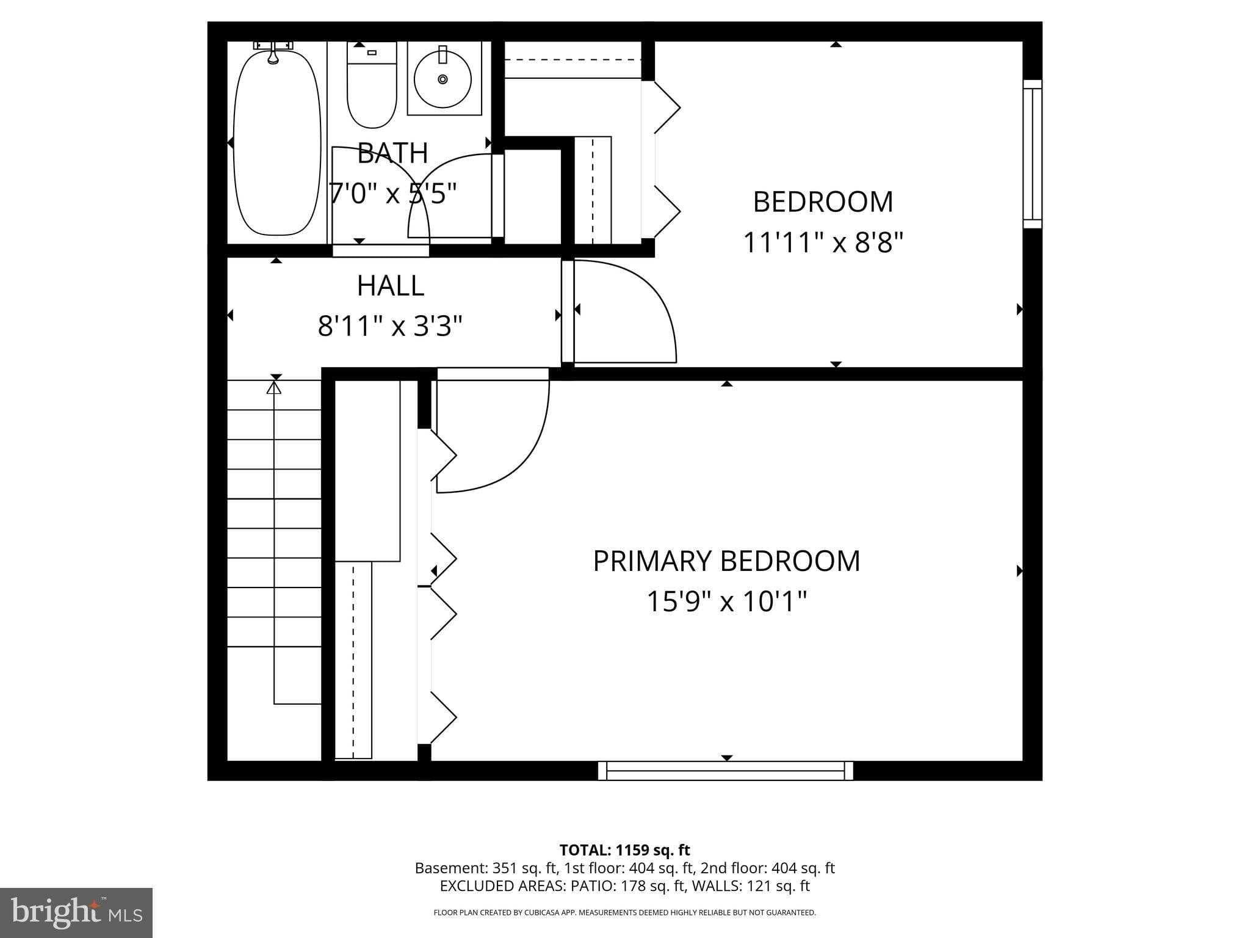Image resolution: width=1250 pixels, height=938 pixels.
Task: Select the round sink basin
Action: coord(443,78)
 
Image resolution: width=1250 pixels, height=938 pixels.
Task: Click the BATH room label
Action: coord(392,153)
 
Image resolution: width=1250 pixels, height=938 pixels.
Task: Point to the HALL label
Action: coord(391,286)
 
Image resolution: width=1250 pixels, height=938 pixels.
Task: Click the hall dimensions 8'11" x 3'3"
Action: coord(390,326)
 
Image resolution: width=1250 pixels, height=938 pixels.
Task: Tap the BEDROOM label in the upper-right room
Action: coord(823,202)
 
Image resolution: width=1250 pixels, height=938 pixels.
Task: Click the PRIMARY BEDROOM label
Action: coord(726,561)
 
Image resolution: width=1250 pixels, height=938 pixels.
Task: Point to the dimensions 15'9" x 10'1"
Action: coord(726,602)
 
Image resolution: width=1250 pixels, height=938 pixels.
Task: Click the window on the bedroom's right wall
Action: coord(1032,154)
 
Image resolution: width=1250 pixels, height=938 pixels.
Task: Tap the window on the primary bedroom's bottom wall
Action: coord(725,771)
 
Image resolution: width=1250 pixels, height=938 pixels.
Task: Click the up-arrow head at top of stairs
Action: coord(274,387)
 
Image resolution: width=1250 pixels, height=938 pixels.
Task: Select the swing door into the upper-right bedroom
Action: coord(623,311)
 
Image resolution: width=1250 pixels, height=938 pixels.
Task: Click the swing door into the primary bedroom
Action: coord(491,434)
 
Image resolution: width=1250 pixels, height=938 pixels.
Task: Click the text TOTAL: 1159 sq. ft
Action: coord(624,850)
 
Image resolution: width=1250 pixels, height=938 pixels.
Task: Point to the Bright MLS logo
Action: coord(76,912)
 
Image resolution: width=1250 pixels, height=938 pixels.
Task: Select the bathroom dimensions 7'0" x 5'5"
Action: coord(392,194)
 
